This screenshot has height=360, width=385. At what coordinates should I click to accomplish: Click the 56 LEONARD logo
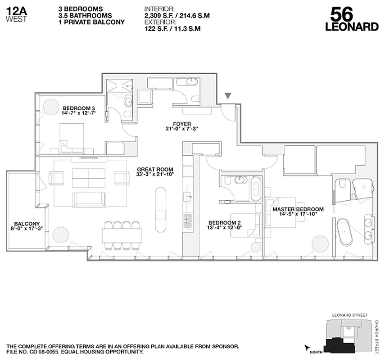(x=352, y=20)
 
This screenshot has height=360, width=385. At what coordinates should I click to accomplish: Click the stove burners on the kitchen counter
(x=187, y=220)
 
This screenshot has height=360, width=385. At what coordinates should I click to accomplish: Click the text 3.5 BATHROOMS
(x=85, y=16)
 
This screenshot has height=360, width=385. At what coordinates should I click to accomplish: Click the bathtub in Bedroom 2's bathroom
(x=255, y=189)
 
